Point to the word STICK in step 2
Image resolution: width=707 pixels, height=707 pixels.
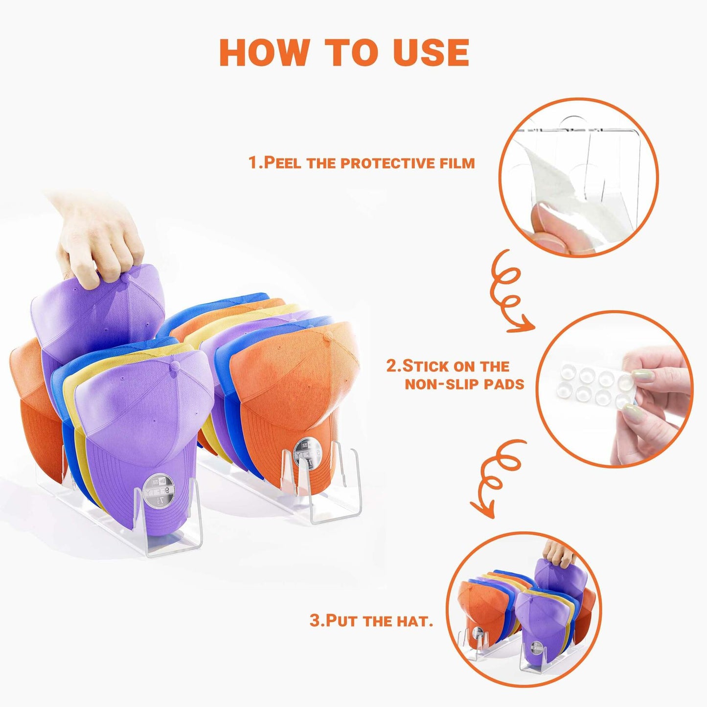pos(427,366)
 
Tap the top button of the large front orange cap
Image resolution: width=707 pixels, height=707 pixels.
pos(328,335)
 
